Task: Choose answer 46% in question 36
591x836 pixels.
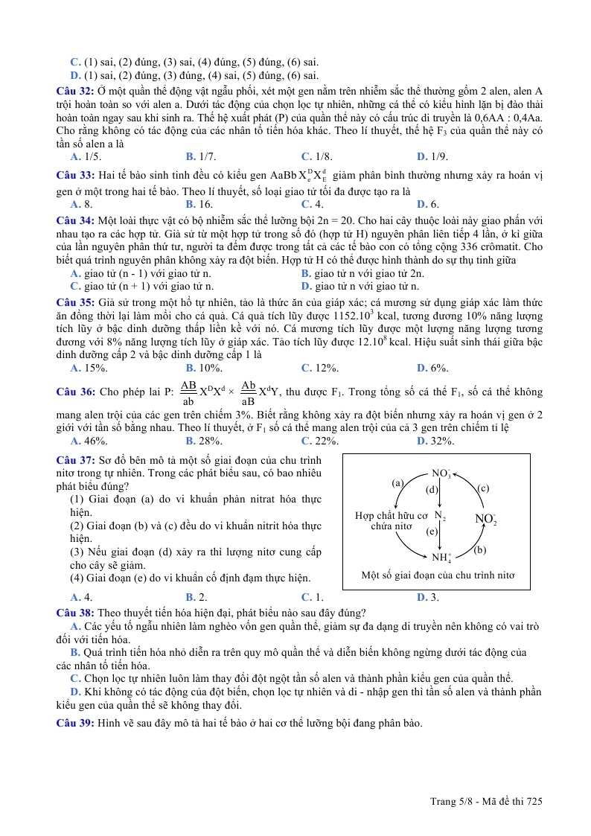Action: point(89,441)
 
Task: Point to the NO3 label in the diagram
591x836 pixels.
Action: point(441,473)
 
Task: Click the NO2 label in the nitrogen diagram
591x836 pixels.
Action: point(485,519)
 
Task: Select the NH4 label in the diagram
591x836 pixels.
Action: point(441,557)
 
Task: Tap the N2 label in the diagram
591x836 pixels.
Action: point(440,516)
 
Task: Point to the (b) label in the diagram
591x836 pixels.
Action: point(480,550)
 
